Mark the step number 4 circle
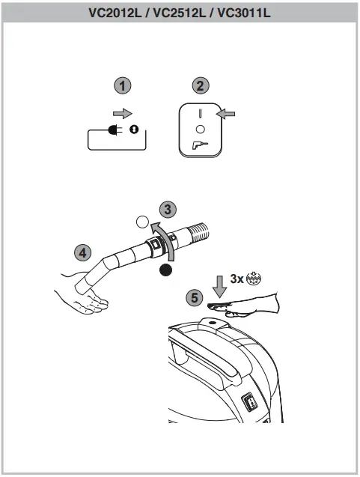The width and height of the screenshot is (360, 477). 83,251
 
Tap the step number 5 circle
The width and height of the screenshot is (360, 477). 195,297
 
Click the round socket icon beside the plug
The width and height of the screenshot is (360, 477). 135,129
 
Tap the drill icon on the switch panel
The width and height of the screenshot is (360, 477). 201,145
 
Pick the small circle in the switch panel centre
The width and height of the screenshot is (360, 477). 200,129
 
